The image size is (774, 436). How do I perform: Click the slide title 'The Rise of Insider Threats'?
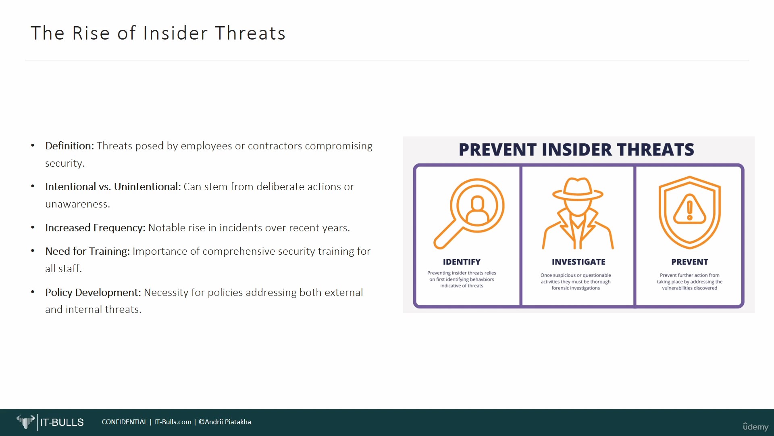[158, 33]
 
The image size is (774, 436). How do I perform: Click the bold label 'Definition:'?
[69, 146]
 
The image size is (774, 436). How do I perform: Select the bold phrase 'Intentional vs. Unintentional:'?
[113, 187]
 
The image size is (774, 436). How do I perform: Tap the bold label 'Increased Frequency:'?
[95, 228]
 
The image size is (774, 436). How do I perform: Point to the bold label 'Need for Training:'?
[87, 252]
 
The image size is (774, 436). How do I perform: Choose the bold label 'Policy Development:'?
[93, 292]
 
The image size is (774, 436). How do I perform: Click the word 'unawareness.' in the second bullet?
[77, 204]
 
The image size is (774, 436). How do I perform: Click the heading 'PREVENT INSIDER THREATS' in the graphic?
[576, 150]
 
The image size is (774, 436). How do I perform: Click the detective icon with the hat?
[578, 213]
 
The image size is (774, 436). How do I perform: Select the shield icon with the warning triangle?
[689, 212]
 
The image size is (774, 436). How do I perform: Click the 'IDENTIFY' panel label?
[462, 262]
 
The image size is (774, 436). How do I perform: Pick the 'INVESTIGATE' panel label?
[578, 262]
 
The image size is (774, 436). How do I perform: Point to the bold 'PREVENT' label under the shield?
[689, 262]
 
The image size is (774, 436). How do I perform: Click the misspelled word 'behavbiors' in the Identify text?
[482, 279]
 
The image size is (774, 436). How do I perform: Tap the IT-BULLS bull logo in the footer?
[25, 422]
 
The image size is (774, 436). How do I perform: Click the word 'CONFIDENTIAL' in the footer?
[125, 422]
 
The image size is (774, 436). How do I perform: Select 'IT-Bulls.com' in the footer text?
[173, 422]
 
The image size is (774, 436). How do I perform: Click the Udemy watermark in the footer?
[756, 427]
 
